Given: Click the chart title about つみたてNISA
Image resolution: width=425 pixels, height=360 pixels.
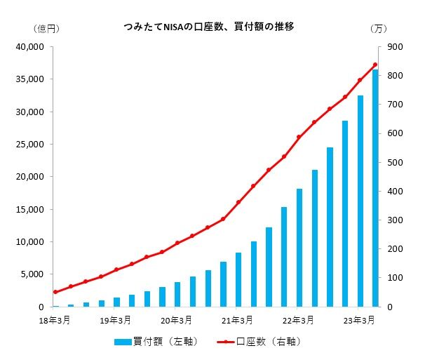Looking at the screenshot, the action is [209, 27].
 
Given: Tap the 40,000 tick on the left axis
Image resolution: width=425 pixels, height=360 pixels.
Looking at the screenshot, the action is [30, 47].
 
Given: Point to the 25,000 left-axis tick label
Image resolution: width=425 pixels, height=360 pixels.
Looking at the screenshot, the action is [30, 145].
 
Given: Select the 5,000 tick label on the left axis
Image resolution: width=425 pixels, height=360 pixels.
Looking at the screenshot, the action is [32, 274].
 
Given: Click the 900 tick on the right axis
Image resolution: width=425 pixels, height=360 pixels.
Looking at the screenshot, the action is [395, 47].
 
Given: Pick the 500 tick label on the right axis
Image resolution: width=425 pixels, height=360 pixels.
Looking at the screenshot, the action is [395, 163].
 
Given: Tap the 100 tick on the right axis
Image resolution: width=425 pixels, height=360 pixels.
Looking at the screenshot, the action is [395, 278].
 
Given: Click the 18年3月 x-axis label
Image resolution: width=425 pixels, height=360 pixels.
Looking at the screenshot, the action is [55, 321].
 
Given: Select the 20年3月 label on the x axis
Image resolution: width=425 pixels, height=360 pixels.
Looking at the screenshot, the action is [176, 321].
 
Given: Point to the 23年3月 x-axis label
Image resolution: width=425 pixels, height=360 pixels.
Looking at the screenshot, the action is [359, 321].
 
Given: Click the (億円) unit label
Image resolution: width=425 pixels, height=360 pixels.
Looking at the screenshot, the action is [46, 29].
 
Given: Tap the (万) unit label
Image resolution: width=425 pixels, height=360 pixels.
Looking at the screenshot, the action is [379, 29].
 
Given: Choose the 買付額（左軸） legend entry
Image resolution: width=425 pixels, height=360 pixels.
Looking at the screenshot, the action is [156, 342].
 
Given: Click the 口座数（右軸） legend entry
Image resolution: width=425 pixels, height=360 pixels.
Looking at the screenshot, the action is [259, 342].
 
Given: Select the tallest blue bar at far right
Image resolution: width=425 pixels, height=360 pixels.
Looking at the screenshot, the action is [375, 188].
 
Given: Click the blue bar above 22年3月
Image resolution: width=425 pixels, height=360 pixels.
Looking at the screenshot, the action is [299, 248].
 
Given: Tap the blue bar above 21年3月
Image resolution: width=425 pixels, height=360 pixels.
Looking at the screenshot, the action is [238, 280].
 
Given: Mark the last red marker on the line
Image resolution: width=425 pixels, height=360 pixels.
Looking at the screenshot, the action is [375, 65].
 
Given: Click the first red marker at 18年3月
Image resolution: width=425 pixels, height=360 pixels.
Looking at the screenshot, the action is [55, 292].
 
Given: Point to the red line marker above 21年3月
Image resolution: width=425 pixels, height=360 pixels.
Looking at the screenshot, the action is [238, 202].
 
